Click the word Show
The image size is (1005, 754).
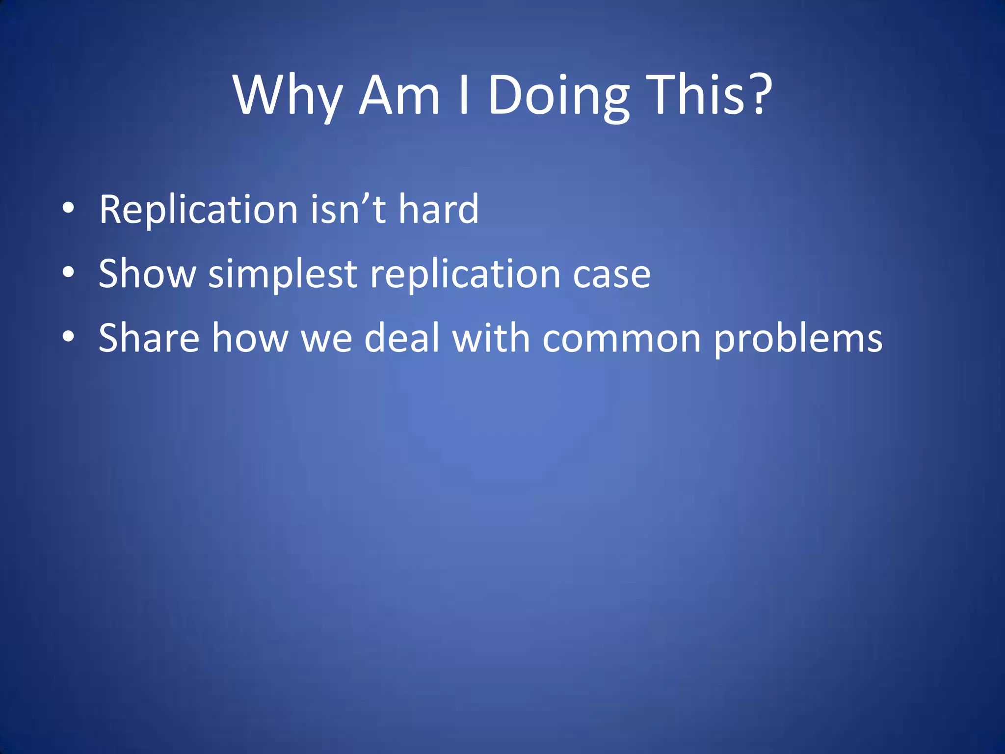tap(147, 274)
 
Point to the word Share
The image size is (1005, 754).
tap(149, 338)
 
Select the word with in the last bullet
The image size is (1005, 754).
tap(491, 338)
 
